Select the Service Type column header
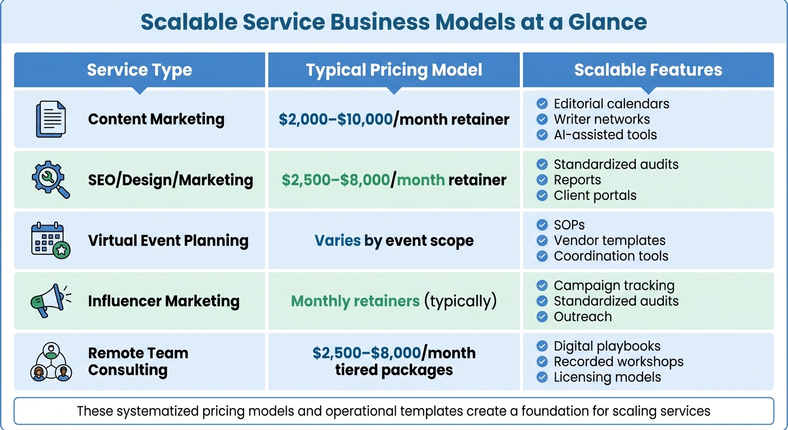point(139,70)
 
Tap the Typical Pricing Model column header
point(394,70)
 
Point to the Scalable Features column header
point(648,70)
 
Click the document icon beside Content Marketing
point(50,119)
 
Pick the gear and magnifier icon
point(50,180)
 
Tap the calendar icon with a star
point(50,241)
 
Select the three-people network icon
point(50,362)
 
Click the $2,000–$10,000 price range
point(336,119)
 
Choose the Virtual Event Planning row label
point(168,241)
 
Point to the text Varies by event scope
point(394,241)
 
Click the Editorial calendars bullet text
point(611,104)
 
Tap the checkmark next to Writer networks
point(542,119)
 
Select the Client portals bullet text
point(595,195)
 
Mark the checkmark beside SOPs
point(542,225)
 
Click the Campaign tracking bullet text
point(614,286)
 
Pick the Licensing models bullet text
point(607,377)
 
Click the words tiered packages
point(394,370)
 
